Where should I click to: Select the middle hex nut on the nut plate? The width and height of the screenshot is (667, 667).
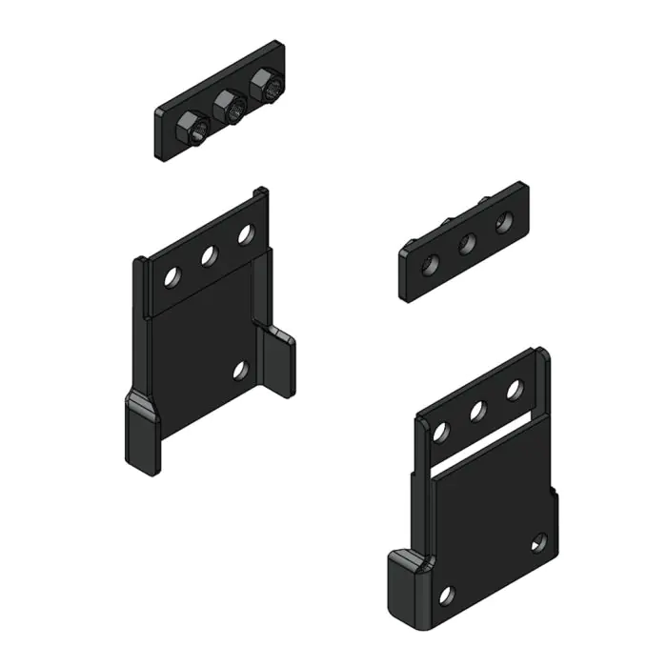tap(228, 108)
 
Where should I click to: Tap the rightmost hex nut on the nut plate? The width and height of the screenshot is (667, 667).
tap(266, 89)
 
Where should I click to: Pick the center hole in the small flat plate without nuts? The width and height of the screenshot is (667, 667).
tap(468, 243)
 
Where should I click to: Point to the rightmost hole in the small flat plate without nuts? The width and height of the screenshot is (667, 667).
tap(504, 223)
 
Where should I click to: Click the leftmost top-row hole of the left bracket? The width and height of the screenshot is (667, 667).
tap(172, 276)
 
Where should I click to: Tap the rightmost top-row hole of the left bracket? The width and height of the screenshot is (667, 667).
tap(246, 234)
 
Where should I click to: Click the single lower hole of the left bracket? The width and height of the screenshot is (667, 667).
tap(240, 370)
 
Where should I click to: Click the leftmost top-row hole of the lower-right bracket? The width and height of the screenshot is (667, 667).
tap(441, 432)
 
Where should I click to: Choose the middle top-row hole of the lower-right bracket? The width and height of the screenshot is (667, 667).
tap(478, 411)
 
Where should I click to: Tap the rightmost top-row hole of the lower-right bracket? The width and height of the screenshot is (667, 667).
tap(515, 390)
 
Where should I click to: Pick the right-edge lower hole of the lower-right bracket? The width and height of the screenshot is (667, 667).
tap(538, 543)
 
